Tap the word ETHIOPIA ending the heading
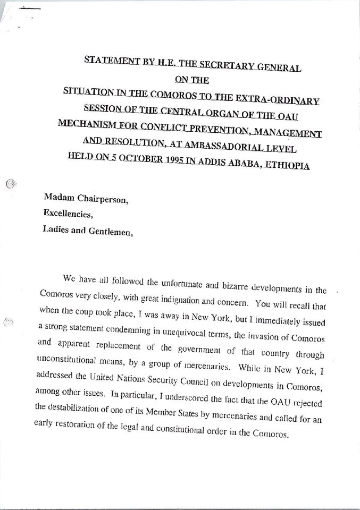291,165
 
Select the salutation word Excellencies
67,216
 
